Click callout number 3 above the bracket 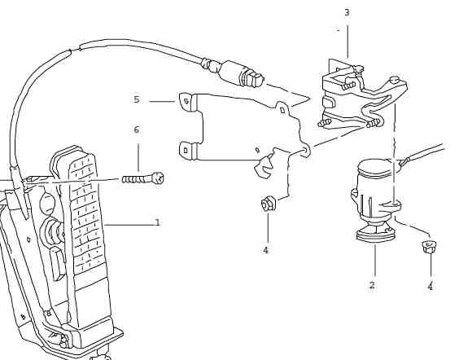coord(348,12)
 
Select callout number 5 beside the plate coord(137,99)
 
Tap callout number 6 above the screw coord(137,130)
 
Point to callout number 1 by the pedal coord(158,222)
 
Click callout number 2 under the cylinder coord(372,285)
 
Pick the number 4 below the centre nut coord(265,250)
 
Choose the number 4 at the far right coord(430,286)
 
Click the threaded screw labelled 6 coord(143,178)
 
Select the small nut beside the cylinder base coord(429,247)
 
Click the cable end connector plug coord(241,75)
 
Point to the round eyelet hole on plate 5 coord(304,151)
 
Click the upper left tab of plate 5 coord(186,102)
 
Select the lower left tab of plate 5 coord(186,151)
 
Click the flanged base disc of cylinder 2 coord(376,234)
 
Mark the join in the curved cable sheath coord(75,50)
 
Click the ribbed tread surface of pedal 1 coord(85,211)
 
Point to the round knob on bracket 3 coord(394,79)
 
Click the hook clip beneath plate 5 coord(264,168)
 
